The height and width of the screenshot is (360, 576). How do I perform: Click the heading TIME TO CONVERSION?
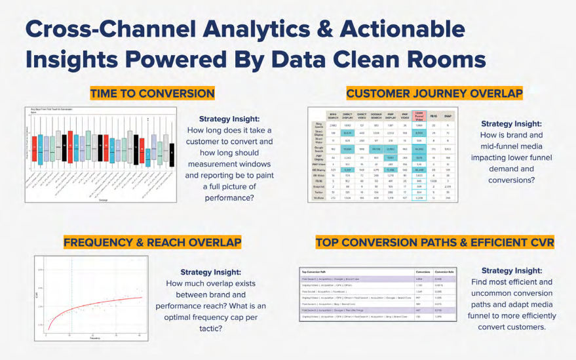pos(152,93)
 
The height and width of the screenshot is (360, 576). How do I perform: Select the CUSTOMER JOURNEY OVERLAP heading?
pos(434,93)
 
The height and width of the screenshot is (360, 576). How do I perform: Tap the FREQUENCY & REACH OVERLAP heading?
pos(152,242)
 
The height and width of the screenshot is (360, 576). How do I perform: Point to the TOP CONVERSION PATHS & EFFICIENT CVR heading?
pos(434,242)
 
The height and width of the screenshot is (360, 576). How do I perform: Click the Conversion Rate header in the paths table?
pos(445,271)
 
